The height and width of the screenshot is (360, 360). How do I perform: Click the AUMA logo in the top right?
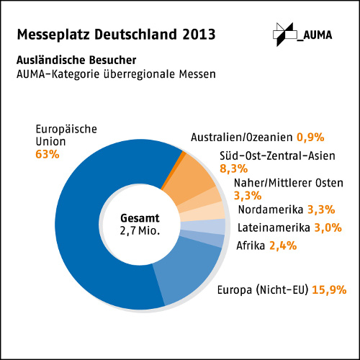pos(301,33)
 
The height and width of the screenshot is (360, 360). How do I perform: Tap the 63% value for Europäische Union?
pos(47,154)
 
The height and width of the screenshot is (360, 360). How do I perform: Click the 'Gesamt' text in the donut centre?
pos(140,217)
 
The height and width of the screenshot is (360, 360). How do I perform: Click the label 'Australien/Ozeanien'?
pos(237,136)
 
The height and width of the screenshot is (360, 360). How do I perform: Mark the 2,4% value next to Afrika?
pos(283,246)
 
